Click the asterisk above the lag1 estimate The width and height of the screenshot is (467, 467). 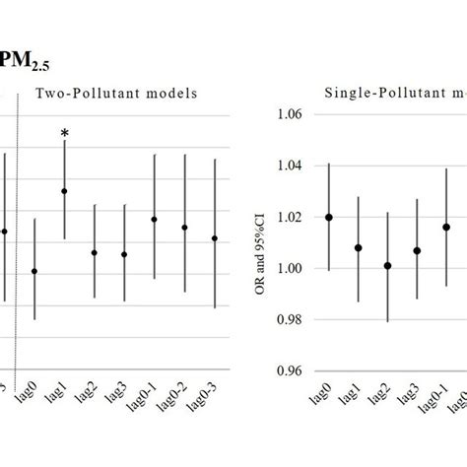click(64, 134)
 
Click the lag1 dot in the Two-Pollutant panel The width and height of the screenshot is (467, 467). click(64, 191)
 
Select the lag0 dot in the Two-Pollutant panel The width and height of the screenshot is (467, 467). click(34, 271)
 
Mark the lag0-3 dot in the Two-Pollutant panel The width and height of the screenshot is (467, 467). click(215, 237)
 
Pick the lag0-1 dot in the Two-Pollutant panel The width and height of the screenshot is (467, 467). click(154, 219)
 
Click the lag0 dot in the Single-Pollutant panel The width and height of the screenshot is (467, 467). click(328, 217)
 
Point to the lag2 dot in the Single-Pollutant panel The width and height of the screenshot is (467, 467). click(388, 265)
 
